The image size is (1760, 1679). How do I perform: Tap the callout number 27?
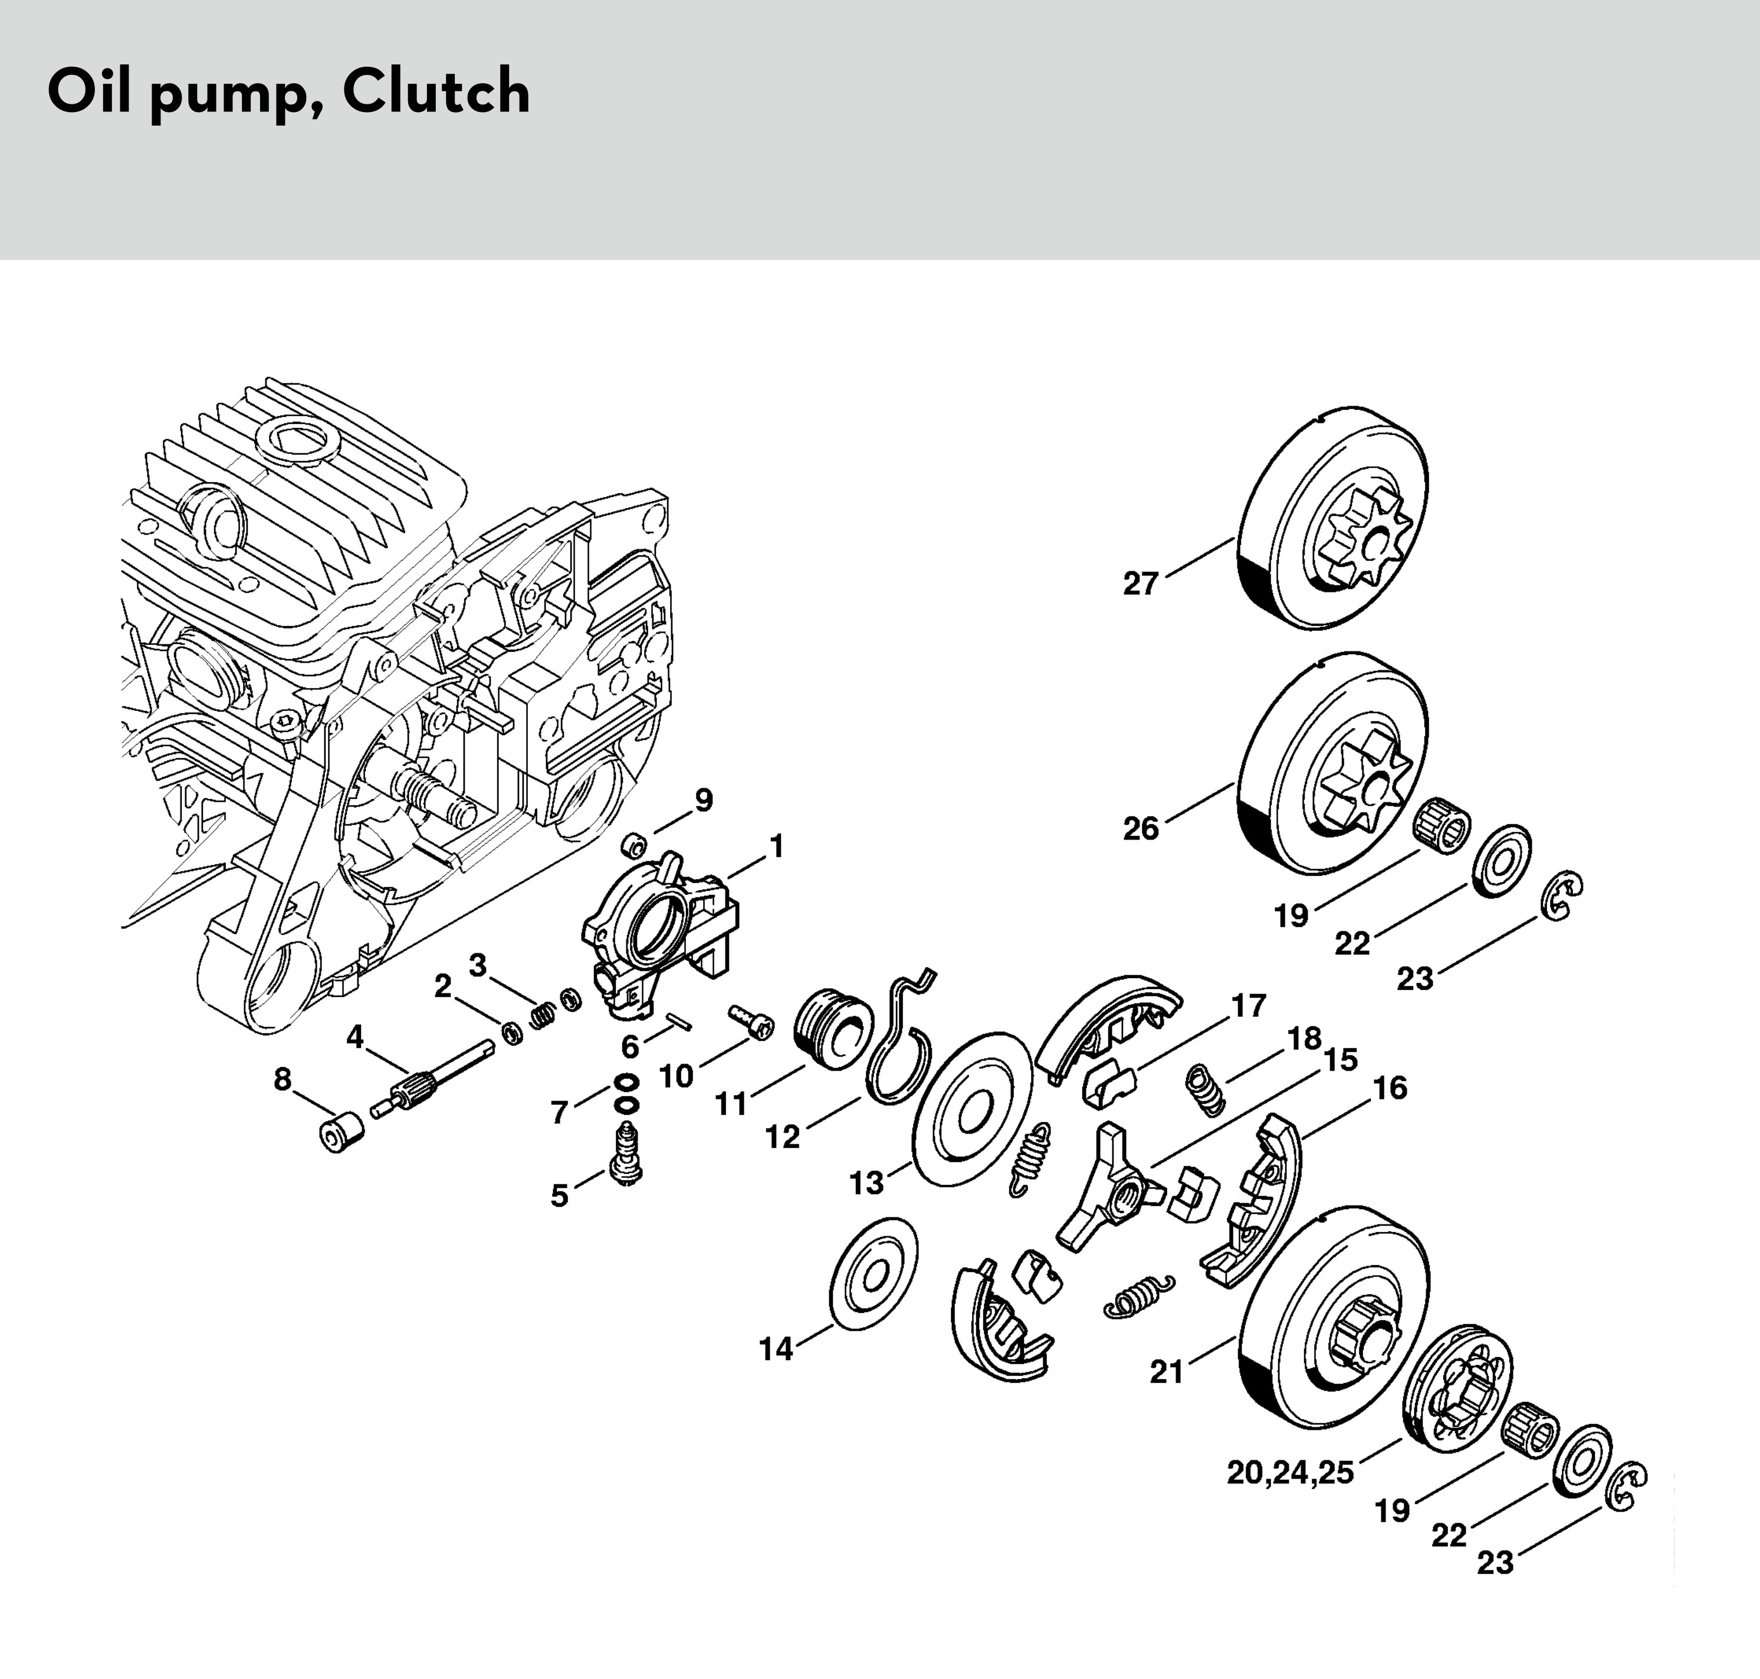pos(1141,584)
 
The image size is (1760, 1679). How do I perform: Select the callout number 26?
pos(1141,829)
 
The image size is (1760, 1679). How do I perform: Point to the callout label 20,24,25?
pos(1290,1472)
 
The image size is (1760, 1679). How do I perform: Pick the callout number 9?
pos(704,800)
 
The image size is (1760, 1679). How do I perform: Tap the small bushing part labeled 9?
pos(634,844)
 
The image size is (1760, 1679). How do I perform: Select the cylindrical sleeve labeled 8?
pos(340,1134)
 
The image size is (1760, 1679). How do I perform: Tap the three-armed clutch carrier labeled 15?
pos(1110,1190)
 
